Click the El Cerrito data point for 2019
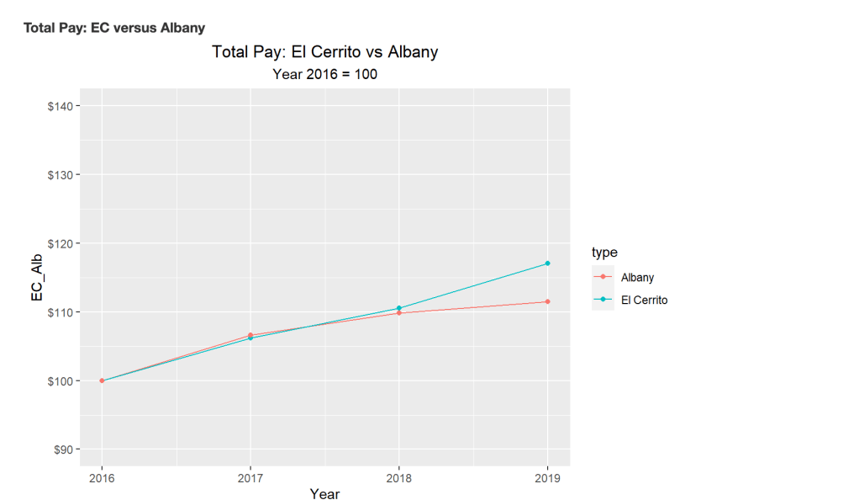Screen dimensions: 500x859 point(547,263)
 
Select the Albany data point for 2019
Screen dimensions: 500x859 point(547,301)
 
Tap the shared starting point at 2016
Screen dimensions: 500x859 point(102,380)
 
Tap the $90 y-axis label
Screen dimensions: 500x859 point(62,449)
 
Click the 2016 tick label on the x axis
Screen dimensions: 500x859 point(102,476)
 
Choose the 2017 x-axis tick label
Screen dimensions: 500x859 point(250,476)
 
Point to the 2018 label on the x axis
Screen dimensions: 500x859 point(398,476)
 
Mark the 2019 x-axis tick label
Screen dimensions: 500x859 point(547,476)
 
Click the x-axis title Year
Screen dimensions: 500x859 point(324,494)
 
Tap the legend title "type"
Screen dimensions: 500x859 point(605,253)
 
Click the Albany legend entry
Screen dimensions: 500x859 point(637,277)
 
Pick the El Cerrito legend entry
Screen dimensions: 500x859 point(644,300)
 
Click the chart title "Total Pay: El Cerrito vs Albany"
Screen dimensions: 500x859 point(324,52)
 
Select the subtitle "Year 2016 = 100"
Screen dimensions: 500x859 point(324,74)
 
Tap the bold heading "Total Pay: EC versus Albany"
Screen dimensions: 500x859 point(114,28)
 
